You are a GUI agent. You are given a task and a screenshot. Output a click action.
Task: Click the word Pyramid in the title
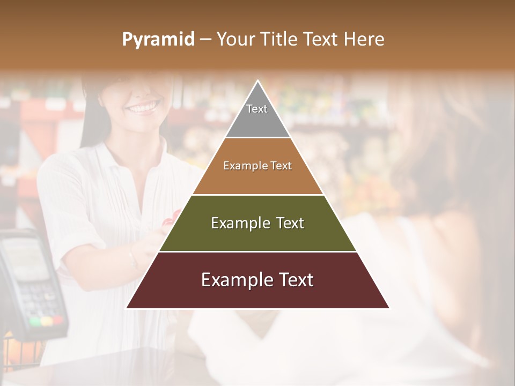158,40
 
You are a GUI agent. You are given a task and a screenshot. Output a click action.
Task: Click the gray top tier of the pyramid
257,121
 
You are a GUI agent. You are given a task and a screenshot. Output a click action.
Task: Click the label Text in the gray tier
257,109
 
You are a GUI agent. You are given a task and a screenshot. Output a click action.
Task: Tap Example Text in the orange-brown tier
257,166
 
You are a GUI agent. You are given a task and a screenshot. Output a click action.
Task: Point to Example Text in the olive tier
257,223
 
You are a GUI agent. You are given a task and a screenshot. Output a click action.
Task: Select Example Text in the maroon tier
257,280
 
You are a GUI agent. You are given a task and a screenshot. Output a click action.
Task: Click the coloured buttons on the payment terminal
46,321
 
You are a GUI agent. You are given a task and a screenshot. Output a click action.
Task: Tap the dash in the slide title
205,40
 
